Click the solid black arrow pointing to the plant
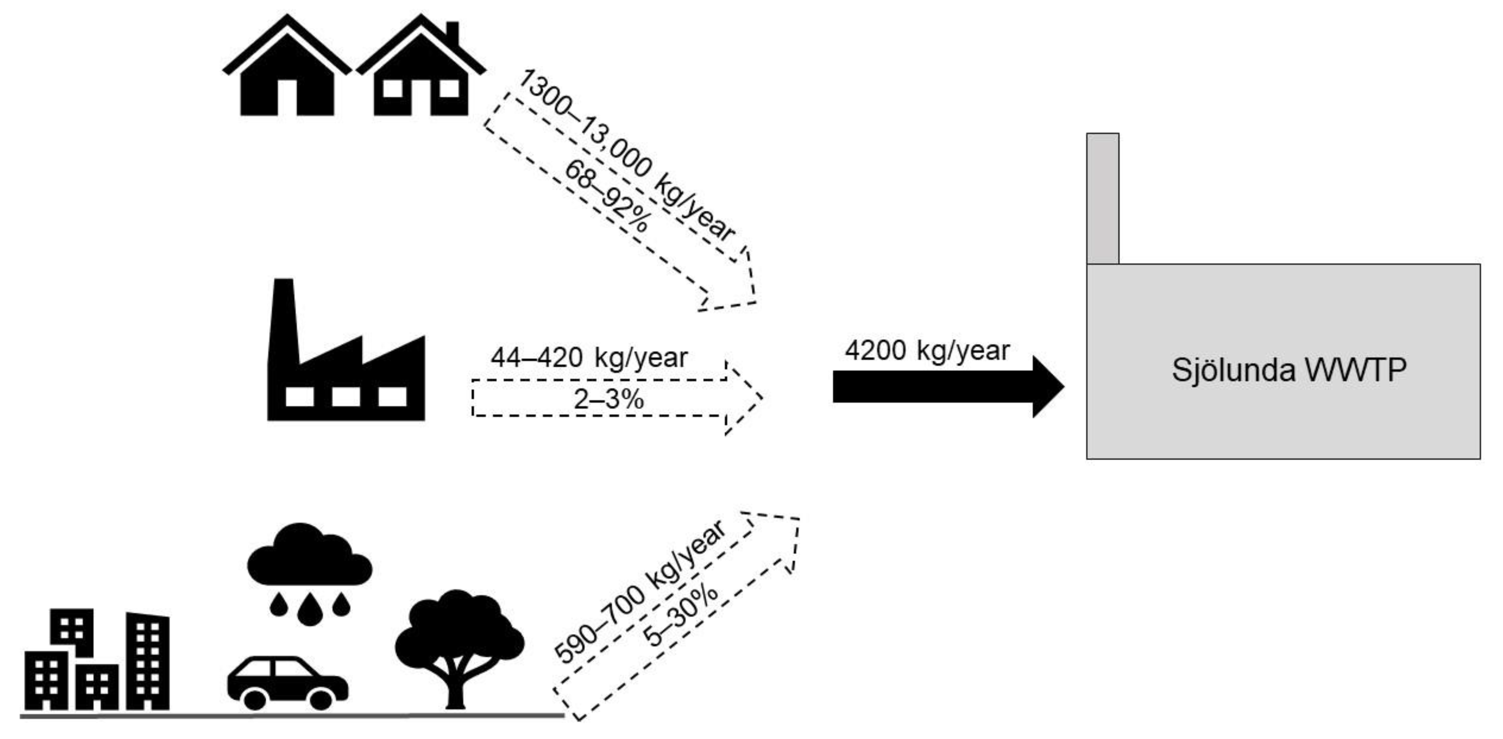pos(945,386)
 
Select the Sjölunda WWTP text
pos(1289,369)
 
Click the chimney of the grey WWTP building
pos(1102,198)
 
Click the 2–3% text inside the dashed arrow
pos(608,399)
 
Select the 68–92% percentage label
pos(607,197)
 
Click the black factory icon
pos(346,362)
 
